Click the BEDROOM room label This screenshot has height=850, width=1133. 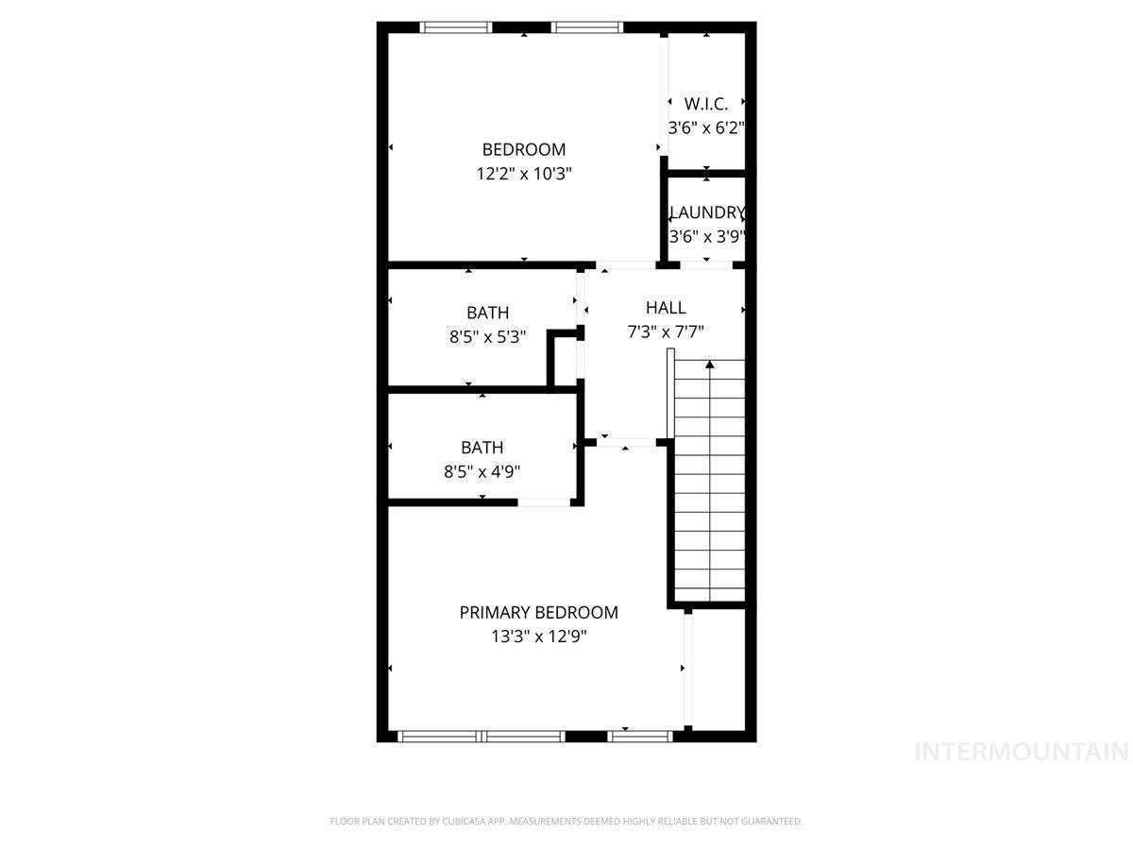[x=524, y=149]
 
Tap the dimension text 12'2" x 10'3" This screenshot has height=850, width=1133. [x=524, y=174]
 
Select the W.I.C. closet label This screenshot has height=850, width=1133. [x=706, y=103]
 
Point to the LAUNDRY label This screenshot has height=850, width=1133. [x=707, y=212]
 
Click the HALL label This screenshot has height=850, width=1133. [x=666, y=307]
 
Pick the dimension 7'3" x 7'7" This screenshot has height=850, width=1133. [x=666, y=331]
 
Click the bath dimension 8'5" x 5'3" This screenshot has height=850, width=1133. [x=487, y=336]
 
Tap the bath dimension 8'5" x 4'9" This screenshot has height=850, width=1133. [x=482, y=471]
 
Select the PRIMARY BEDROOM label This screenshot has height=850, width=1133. [x=538, y=612]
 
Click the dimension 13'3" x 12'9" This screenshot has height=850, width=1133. [x=538, y=637]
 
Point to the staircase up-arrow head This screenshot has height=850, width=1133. [x=709, y=364]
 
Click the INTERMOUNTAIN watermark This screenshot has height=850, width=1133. [x=1023, y=752]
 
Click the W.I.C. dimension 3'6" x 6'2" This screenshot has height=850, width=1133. [x=707, y=127]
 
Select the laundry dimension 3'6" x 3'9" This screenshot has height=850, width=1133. [x=707, y=237]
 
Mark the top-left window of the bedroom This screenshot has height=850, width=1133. [x=457, y=26]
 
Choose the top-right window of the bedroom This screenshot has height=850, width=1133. [x=587, y=26]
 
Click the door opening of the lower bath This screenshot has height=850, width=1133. [x=543, y=502]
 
